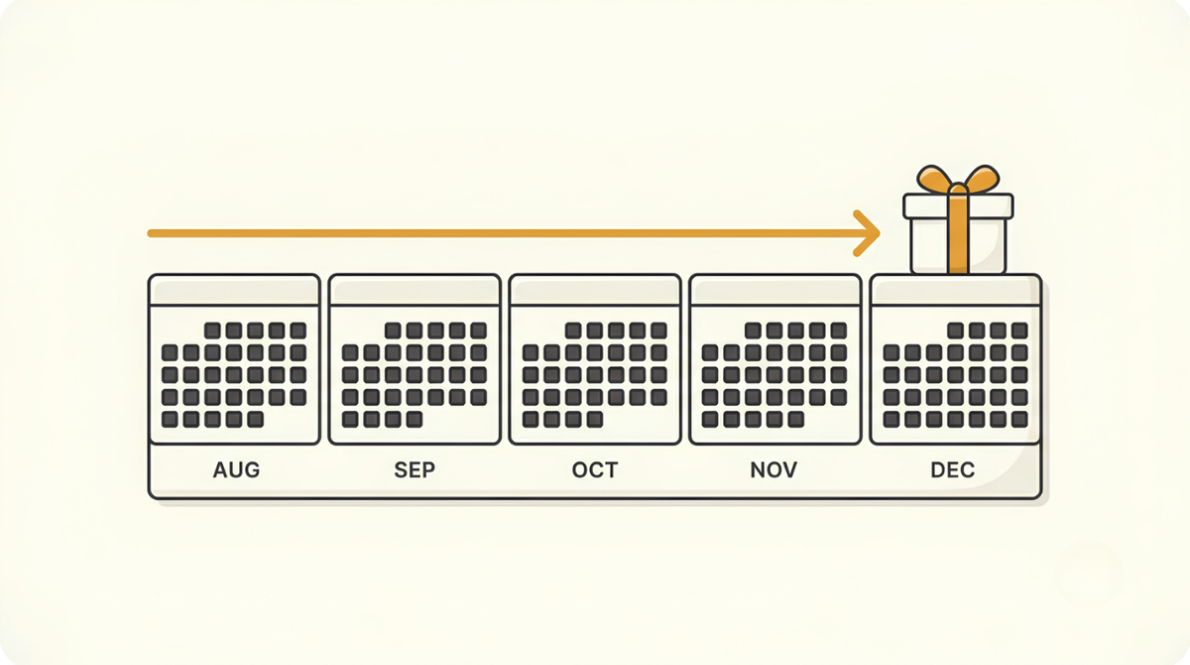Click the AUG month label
coord(236,469)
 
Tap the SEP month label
coord(415,469)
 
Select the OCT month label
coord(594,469)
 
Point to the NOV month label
coord(773,469)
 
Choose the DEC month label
coord(953,469)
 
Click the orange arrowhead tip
coord(879,233)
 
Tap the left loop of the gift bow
coord(933,179)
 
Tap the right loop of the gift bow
coord(983,179)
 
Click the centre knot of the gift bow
coord(958,190)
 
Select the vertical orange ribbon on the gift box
coord(958,234)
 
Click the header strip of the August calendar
coord(234,291)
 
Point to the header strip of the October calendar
coord(595,291)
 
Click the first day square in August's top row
coord(212,331)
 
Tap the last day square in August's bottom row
coord(256,419)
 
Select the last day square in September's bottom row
coord(415,419)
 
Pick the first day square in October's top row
coord(573,331)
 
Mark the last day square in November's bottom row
coord(795,419)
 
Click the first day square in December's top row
coord(956,331)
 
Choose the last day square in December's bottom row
coord(1019,419)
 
